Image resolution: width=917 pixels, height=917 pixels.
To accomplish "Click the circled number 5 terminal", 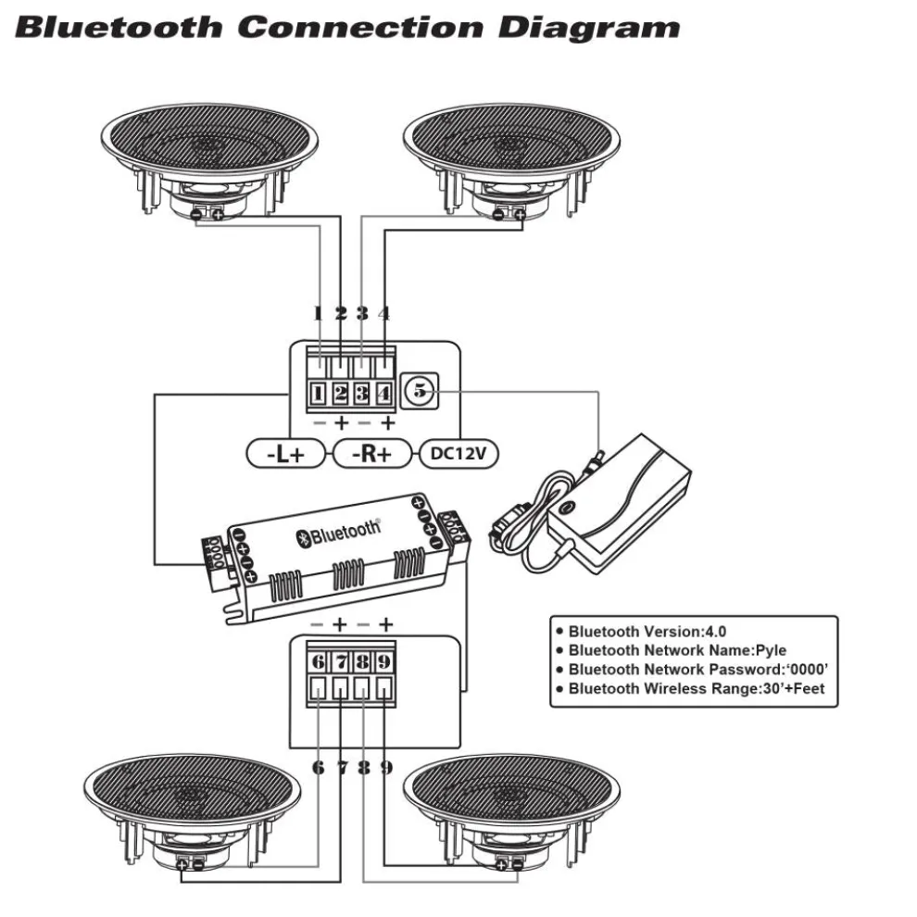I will [x=421, y=391].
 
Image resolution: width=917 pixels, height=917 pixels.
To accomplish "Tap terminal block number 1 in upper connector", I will [x=318, y=394].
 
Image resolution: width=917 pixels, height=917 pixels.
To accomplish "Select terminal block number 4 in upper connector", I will [x=384, y=394].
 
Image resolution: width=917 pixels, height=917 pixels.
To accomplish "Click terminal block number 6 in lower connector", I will [x=318, y=662].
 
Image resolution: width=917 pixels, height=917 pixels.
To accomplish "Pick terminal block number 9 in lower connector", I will [x=384, y=662].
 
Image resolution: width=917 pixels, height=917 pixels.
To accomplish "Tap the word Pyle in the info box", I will [x=770, y=650].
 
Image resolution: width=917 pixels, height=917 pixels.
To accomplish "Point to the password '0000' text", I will [x=801, y=669].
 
